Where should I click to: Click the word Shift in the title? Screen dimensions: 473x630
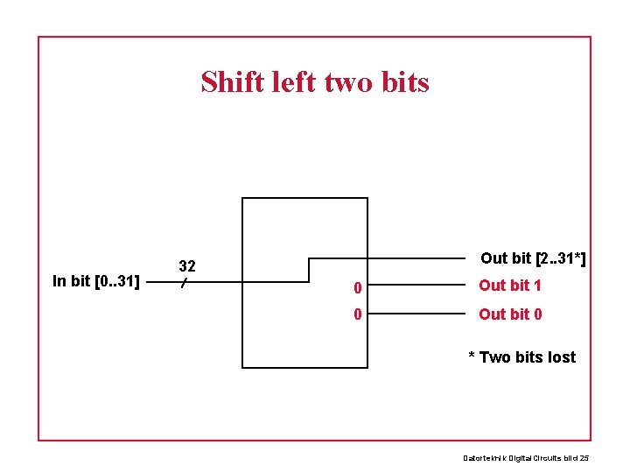[x=232, y=82]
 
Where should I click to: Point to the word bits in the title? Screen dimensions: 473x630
[x=405, y=82]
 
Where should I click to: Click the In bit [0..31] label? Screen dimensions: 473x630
[x=96, y=281]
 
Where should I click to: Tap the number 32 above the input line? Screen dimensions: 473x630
[x=186, y=265]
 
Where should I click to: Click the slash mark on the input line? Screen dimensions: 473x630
[x=184, y=283]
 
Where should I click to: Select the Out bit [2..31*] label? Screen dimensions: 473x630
[x=533, y=258]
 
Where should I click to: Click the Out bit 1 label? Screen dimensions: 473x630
[x=510, y=286]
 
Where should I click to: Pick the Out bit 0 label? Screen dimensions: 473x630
[x=510, y=314]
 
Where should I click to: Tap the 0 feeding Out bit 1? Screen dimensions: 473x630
[x=357, y=286]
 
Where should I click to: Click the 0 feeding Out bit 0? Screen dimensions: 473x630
[x=357, y=314]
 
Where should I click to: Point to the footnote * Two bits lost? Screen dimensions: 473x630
[x=521, y=357]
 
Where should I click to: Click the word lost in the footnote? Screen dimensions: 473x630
[x=560, y=357]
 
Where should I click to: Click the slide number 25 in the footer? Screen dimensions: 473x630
[x=584, y=457]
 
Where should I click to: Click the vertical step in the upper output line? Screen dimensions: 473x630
[x=309, y=270]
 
